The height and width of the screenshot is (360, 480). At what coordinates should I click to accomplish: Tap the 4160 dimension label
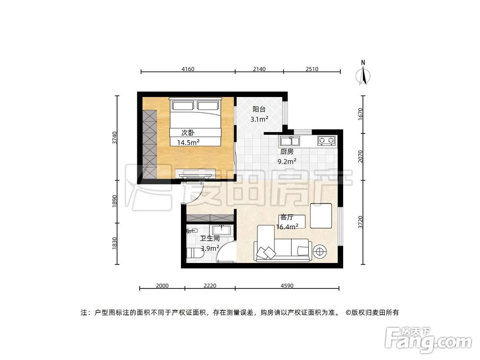pos(188,69)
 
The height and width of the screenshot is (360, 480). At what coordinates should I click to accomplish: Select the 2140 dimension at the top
pos(259,69)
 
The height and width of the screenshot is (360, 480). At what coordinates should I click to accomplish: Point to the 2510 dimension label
pos(312,69)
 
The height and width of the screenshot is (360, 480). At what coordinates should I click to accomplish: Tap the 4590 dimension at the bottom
pos(287,286)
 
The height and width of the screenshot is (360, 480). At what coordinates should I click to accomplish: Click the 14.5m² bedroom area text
pos(188,142)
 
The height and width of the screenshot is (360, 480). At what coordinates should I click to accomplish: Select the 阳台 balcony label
pos(259,109)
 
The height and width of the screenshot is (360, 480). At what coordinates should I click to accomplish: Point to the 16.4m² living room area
pos(288,226)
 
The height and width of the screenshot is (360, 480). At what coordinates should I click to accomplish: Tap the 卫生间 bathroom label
pos(210,238)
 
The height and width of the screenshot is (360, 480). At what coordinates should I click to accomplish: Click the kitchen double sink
pos(289,141)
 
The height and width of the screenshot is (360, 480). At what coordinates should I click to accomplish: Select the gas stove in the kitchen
pos(326,141)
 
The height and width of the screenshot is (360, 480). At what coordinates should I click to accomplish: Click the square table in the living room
pos(321,216)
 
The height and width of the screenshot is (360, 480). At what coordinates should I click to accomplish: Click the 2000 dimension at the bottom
pos(162,286)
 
